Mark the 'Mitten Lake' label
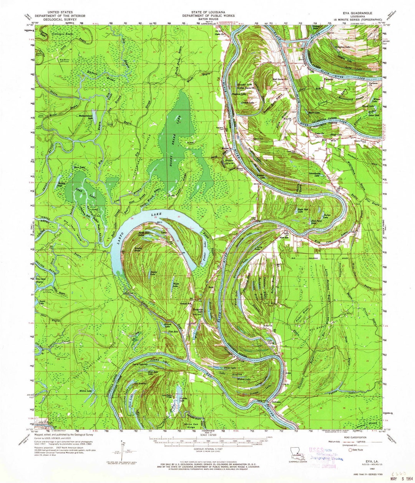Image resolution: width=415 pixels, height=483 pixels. [x=85, y=391]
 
